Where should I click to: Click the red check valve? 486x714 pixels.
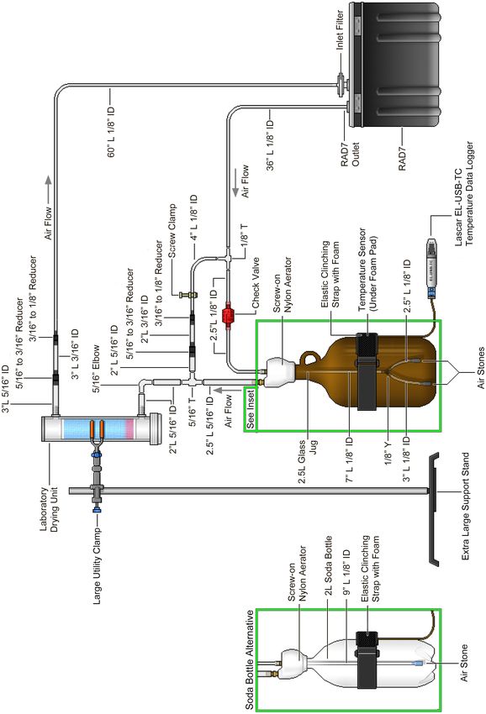click(x=228, y=315)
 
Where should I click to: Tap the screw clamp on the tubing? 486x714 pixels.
click(x=188, y=295)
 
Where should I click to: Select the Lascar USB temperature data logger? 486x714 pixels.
click(x=431, y=267)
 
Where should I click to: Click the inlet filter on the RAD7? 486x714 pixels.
click(x=341, y=84)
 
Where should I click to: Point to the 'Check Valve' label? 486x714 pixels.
click(x=256, y=282)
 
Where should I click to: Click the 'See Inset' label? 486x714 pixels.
click(x=251, y=409)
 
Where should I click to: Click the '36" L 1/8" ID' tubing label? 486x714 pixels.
click(x=271, y=145)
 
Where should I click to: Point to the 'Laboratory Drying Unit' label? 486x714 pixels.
click(x=50, y=509)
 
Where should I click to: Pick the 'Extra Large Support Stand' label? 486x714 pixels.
click(x=466, y=506)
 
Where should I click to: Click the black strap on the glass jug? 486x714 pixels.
click(x=367, y=371)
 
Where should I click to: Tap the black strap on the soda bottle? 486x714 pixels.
click(x=367, y=659)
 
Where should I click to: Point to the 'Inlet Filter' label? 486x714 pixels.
click(x=340, y=30)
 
